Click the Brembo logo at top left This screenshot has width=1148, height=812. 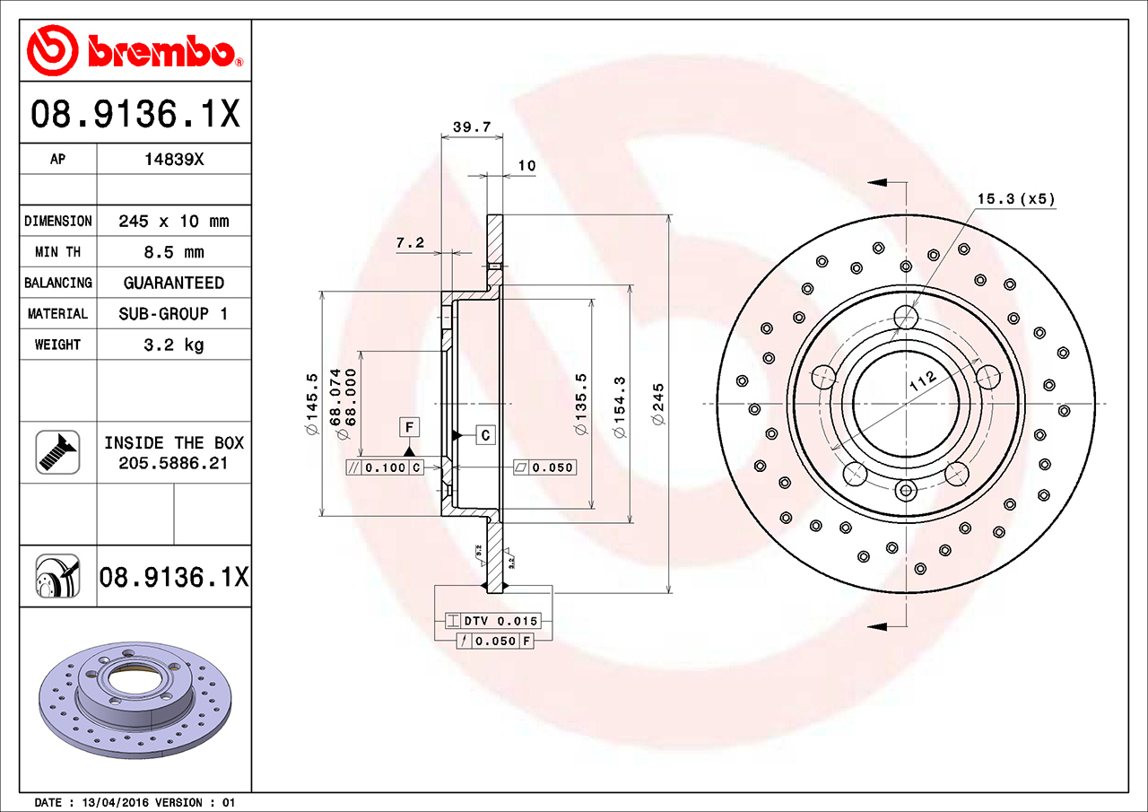click(135, 50)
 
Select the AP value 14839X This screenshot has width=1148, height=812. click(174, 160)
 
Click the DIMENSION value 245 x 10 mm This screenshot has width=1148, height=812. click(174, 221)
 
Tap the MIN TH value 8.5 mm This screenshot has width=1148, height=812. click(174, 252)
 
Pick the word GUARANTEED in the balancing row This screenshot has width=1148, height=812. click(174, 283)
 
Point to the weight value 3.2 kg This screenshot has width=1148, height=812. click(174, 345)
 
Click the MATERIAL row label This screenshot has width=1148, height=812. click(57, 314)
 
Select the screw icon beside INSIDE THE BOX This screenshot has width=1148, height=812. click(57, 452)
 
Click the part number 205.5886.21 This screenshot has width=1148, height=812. click(174, 463)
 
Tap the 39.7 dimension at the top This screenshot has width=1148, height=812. click(471, 127)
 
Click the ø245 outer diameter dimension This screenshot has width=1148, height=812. click(657, 404)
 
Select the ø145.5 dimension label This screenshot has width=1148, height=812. click(311, 404)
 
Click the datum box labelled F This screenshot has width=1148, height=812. click(409, 426)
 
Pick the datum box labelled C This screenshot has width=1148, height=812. click(485, 435)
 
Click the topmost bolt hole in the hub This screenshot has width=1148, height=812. click(906, 317)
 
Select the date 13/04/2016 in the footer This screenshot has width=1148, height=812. click(116, 802)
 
